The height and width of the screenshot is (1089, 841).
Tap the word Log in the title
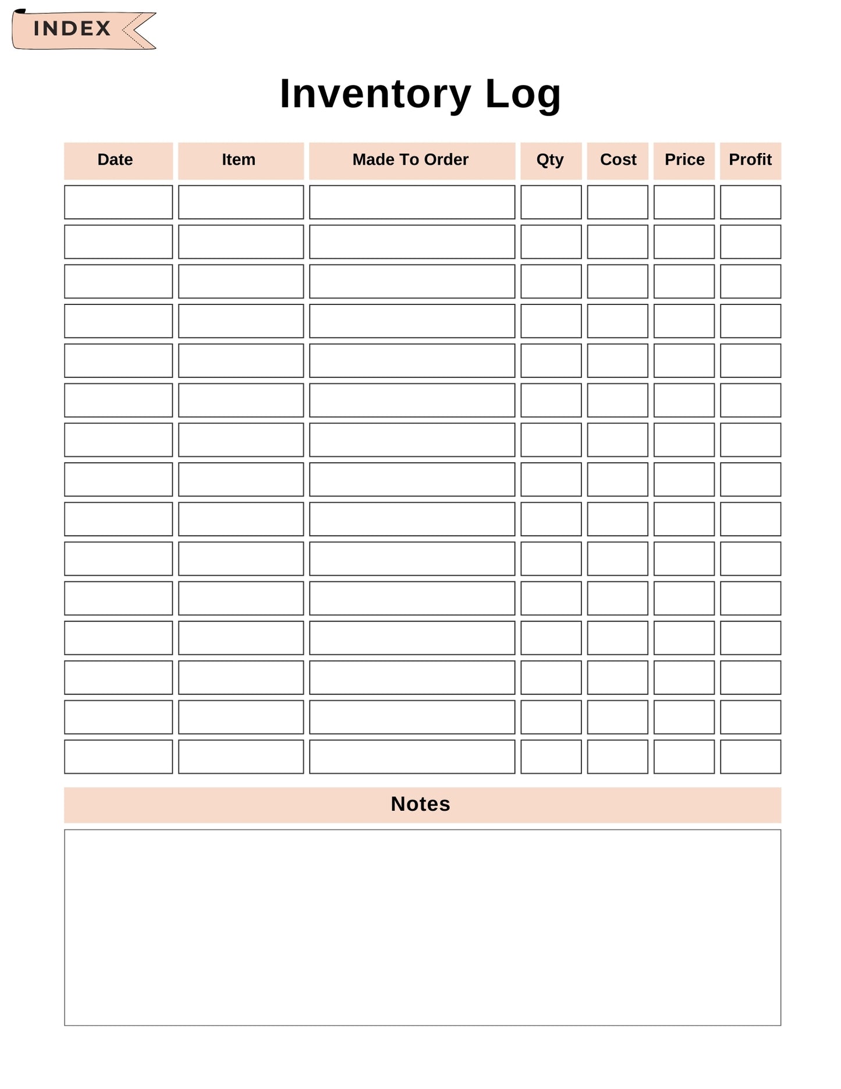tap(522, 95)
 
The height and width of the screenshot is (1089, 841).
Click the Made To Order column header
tap(411, 160)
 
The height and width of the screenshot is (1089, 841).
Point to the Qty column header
tap(551, 160)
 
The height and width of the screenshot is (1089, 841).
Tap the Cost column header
tap(618, 160)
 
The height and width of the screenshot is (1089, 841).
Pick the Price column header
tap(684, 160)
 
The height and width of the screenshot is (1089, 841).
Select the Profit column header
tap(750, 160)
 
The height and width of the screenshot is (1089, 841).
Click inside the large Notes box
tap(422, 927)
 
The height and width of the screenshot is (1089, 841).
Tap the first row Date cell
tap(118, 202)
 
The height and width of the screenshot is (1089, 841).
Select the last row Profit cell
tap(750, 757)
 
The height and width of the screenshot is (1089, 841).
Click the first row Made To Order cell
tap(411, 202)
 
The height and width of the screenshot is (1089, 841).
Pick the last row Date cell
tap(118, 757)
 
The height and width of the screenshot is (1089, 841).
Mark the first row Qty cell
tap(551, 202)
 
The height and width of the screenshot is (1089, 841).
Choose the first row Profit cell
tap(750, 202)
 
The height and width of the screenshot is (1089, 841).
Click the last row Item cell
tap(240, 757)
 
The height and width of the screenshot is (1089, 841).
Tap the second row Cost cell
tap(618, 242)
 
